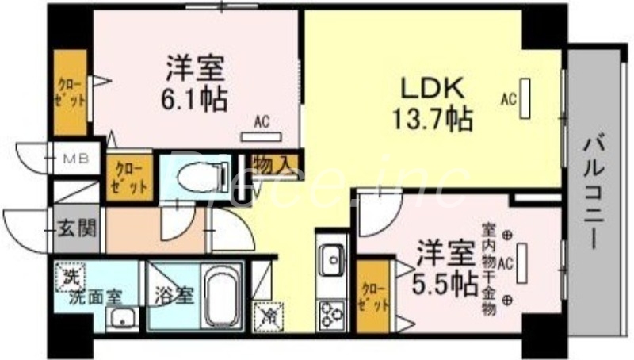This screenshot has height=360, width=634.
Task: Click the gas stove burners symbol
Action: [331, 315]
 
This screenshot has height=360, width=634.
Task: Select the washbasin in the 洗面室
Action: [122, 319]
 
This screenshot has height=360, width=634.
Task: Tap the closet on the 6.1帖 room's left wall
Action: [71, 93]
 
